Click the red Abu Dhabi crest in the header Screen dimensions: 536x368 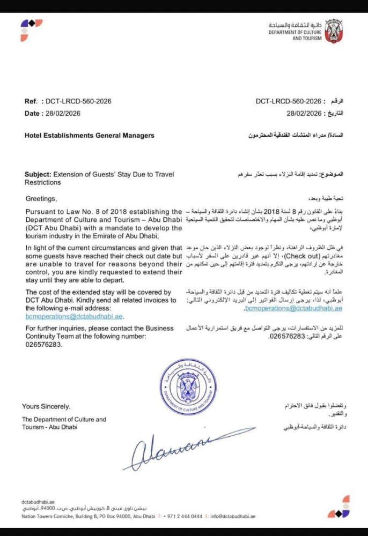point(333,31)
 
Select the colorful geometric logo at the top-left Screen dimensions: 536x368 point(31,29)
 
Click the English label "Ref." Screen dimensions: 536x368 point(31,101)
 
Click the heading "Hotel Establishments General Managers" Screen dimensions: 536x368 point(89,136)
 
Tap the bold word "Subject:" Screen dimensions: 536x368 point(38,175)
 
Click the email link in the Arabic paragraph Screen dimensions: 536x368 point(293,309)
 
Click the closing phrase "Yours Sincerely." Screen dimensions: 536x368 point(46,407)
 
